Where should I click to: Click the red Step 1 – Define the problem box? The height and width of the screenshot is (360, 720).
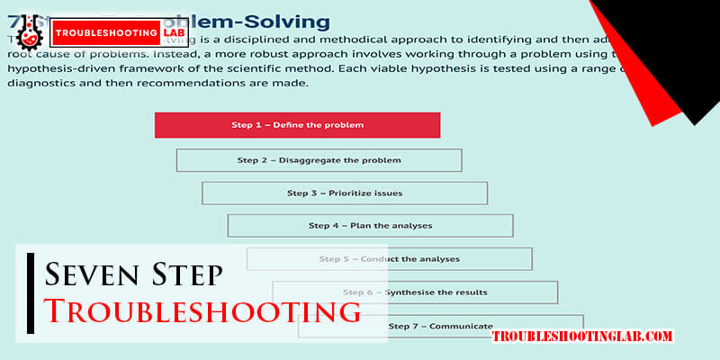point(297,125)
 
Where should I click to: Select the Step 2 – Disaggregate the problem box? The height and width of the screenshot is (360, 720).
point(319,160)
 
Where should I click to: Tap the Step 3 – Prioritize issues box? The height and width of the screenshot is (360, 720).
point(345,193)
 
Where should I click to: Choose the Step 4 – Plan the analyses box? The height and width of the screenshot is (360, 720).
point(370,225)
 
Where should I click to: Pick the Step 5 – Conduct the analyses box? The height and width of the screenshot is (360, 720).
point(389,259)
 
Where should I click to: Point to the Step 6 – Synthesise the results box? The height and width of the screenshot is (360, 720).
point(415,292)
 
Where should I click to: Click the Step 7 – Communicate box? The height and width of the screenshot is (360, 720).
point(440,326)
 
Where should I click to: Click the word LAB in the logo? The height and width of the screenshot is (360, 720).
point(174,33)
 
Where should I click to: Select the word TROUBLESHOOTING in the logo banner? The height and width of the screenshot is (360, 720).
point(106,33)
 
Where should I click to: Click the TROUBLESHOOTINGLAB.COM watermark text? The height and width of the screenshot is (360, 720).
point(582,337)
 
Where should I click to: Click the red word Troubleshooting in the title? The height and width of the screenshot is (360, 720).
point(202,311)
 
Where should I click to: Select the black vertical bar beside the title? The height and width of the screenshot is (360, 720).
point(31,292)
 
